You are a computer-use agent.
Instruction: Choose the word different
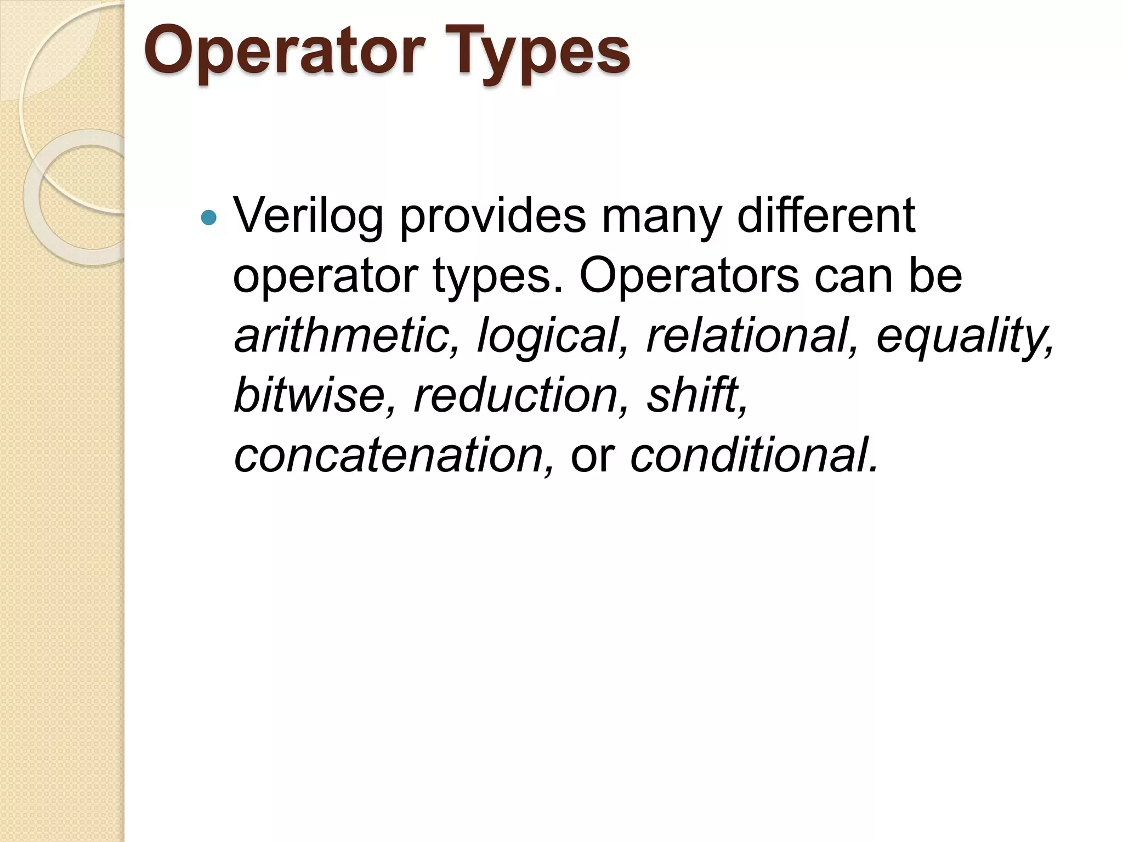[x=826, y=215]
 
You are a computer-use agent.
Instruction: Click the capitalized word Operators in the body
[x=689, y=276]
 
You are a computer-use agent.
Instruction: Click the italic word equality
[x=964, y=337]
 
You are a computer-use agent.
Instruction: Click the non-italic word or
[x=593, y=456]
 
